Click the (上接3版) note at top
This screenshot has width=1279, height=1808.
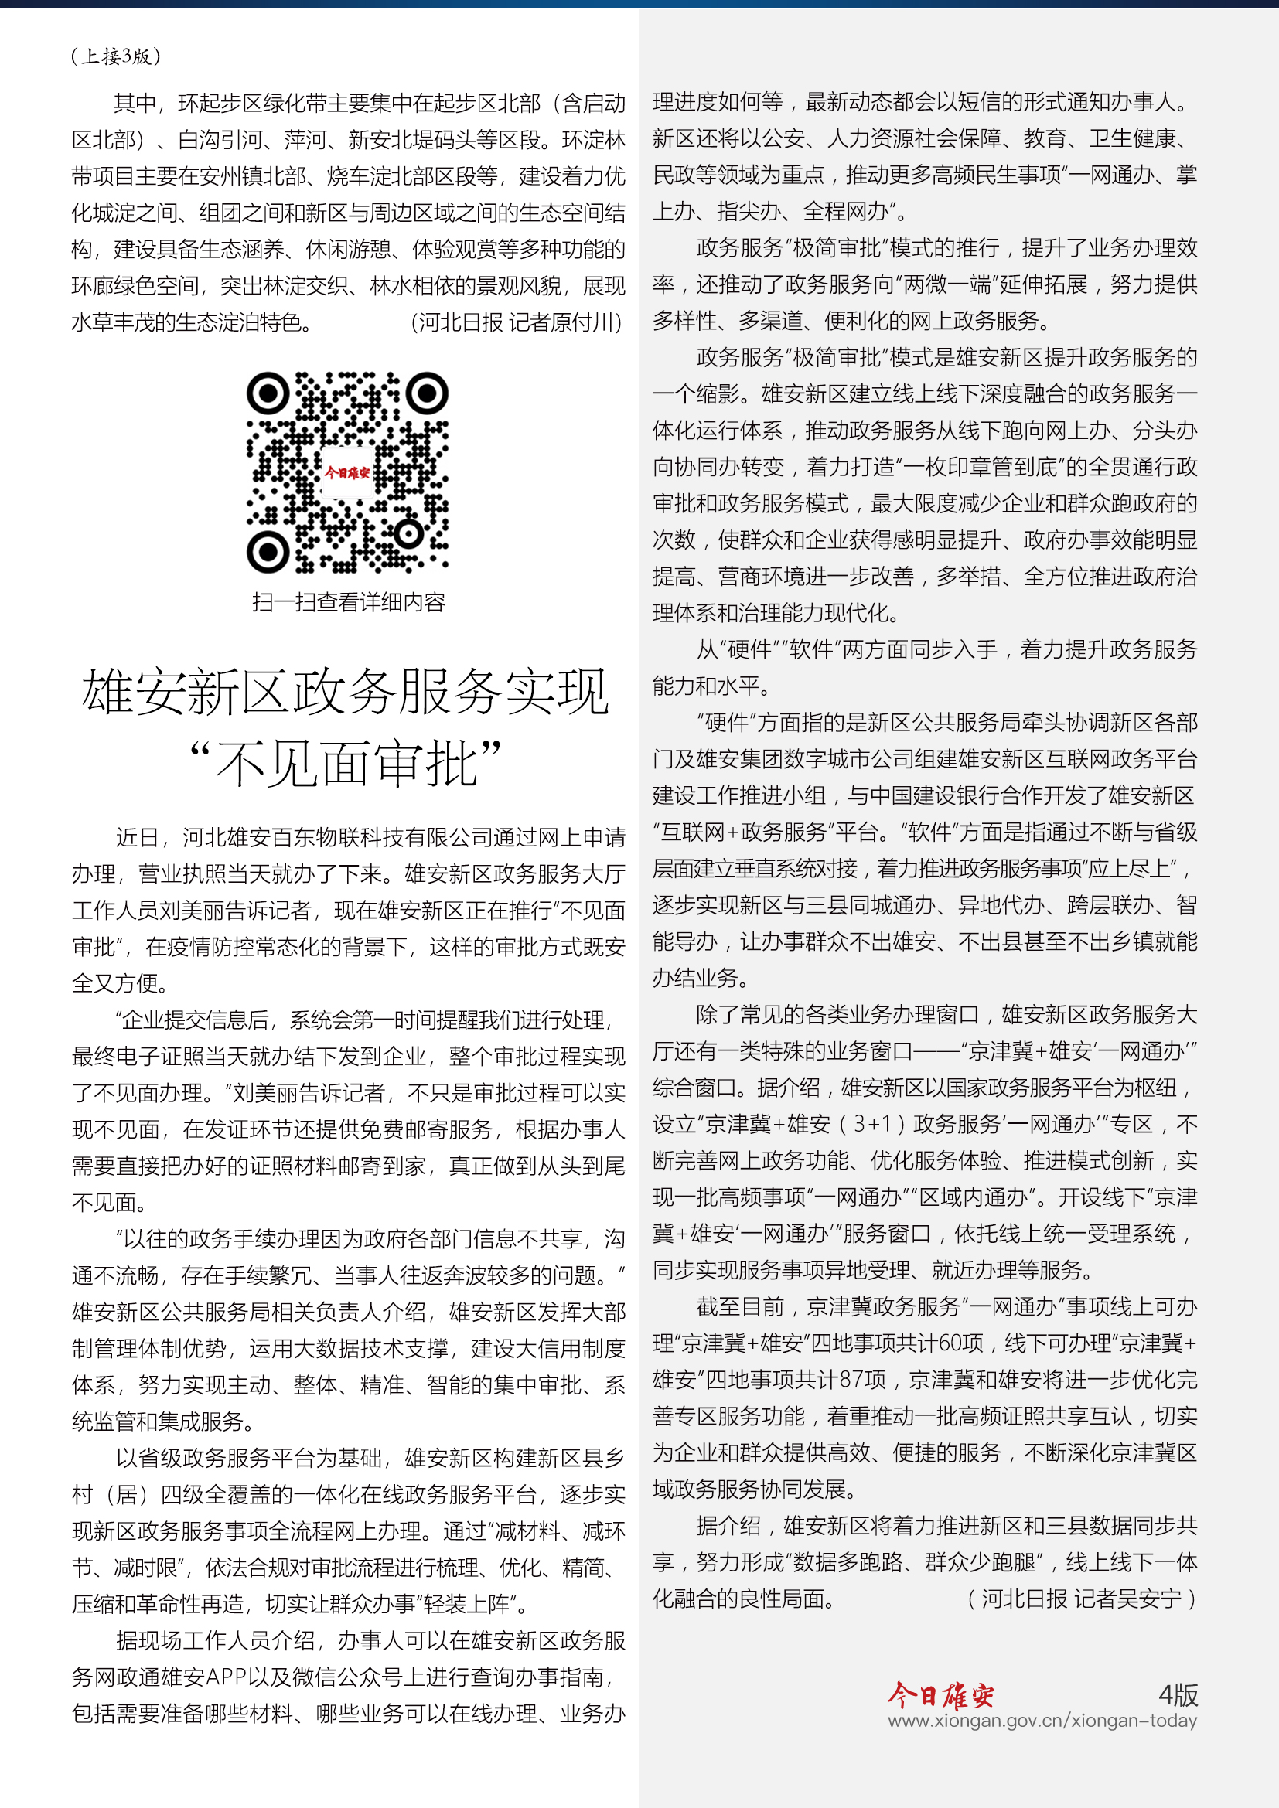116,56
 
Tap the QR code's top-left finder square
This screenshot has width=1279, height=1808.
268,392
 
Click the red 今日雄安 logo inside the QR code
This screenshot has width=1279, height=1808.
347,472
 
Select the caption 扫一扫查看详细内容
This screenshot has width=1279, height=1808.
348,602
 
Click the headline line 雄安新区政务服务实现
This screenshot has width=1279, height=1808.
346,692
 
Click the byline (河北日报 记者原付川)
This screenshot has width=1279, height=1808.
517,322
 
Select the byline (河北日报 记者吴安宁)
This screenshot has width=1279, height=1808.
1082,1599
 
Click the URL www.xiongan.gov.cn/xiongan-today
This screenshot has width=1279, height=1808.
1042,1721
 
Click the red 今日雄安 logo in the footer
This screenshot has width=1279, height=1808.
940,1694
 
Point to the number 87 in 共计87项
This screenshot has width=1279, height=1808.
853,1380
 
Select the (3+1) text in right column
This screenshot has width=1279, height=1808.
871,1124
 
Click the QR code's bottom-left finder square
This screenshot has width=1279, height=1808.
268,552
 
